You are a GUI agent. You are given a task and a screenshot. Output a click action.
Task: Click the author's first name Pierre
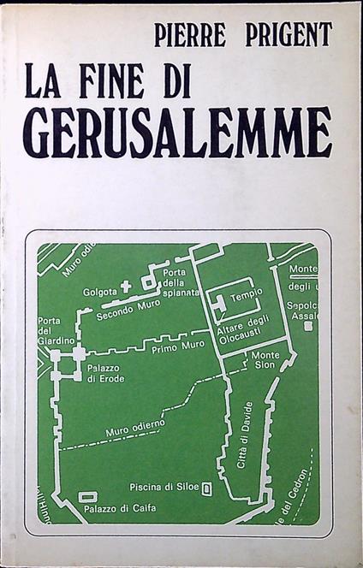pos(196,35)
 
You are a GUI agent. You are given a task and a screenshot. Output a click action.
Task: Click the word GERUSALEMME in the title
pos(176,133)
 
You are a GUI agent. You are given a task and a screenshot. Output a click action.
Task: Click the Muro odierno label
pos(129,433)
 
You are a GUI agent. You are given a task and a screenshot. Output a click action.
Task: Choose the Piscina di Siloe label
pos(163,488)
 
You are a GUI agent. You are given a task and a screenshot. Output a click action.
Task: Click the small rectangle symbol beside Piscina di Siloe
pos(207,489)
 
